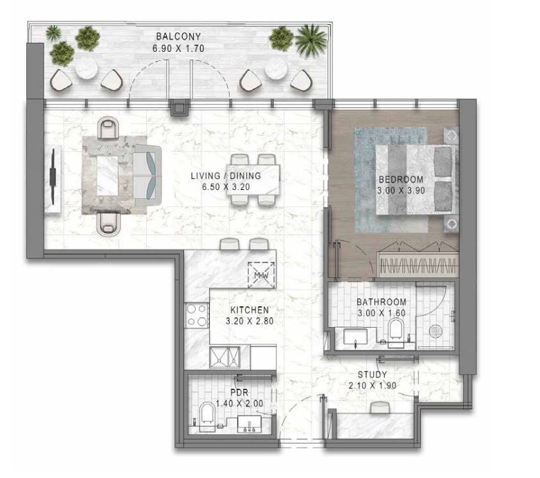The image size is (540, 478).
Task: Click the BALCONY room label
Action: point(178,36)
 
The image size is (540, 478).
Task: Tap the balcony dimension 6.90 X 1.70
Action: point(179,48)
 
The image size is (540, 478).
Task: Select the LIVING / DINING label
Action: point(226,176)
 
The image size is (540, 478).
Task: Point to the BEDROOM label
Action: point(401,179)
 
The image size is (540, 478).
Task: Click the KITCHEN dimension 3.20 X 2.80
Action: point(249,321)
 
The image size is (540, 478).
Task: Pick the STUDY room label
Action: point(372,374)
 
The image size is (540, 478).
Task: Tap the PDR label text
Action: point(240,392)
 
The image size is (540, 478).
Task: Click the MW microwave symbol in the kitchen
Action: point(262,275)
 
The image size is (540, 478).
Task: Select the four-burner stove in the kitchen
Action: point(197,315)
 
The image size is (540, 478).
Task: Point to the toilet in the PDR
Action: point(207,413)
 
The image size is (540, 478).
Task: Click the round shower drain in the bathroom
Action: point(435,331)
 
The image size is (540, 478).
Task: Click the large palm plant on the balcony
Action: point(311,39)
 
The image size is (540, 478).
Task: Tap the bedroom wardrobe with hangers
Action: point(418,265)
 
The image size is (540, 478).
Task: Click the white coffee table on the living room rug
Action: point(107,176)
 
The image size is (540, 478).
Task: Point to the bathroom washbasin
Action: point(356,337)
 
